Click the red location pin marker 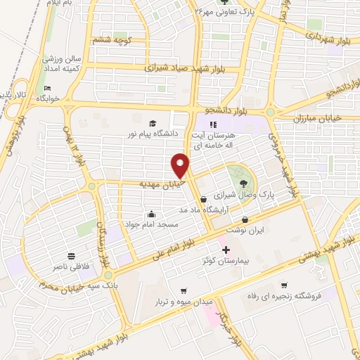tap(181, 166)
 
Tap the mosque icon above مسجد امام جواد tap(152, 214)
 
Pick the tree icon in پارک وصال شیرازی tap(236, 177)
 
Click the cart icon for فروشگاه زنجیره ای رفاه tap(284, 285)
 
